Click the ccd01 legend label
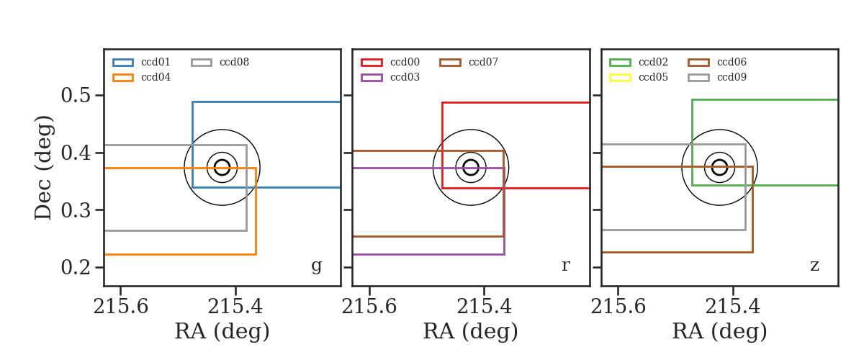tap(156, 62)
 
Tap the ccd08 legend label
tap(234, 62)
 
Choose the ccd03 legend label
tap(405, 77)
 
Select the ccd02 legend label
tap(653, 62)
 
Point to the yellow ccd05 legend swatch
tap(620, 78)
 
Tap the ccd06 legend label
tap(732, 62)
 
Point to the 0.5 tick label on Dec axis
tap(76, 95)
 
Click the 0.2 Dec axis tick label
tap(76, 267)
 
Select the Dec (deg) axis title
tap(42, 168)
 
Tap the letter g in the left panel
tap(316, 266)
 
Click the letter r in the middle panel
tap(565, 266)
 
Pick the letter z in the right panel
tap(814, 266)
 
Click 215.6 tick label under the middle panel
tap(369, 307)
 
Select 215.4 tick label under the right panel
tap(732, 307)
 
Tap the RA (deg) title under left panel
tap(222, 331)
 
